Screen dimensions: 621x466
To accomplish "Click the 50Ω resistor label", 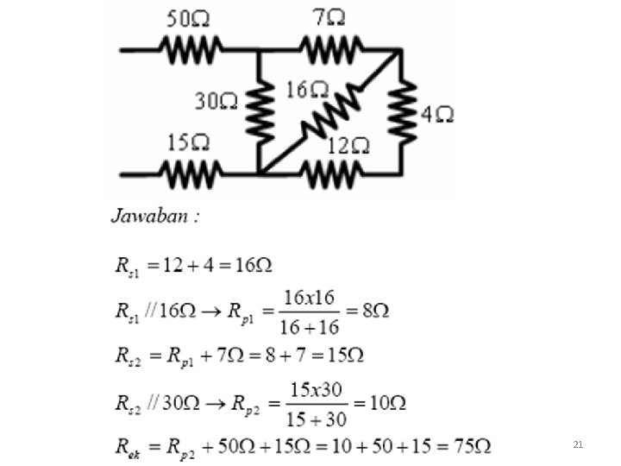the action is [x=189, y=18].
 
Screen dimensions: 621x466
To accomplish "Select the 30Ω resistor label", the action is [x=216, y=102].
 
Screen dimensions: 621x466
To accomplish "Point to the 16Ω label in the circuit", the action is [x=308, y=90].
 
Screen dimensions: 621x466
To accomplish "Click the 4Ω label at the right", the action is [x=437, y=114].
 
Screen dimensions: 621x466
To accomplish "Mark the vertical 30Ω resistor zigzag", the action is [x=259, y=110].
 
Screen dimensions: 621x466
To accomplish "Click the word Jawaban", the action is [x=154, y=216].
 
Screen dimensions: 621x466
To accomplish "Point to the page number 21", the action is [x=578, y=444].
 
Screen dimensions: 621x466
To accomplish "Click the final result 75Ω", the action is [x=471, y=446].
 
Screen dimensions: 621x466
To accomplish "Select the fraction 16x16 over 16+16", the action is [x=309, y=311].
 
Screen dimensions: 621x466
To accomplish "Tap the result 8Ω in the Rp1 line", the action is [x=376, y=311].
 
